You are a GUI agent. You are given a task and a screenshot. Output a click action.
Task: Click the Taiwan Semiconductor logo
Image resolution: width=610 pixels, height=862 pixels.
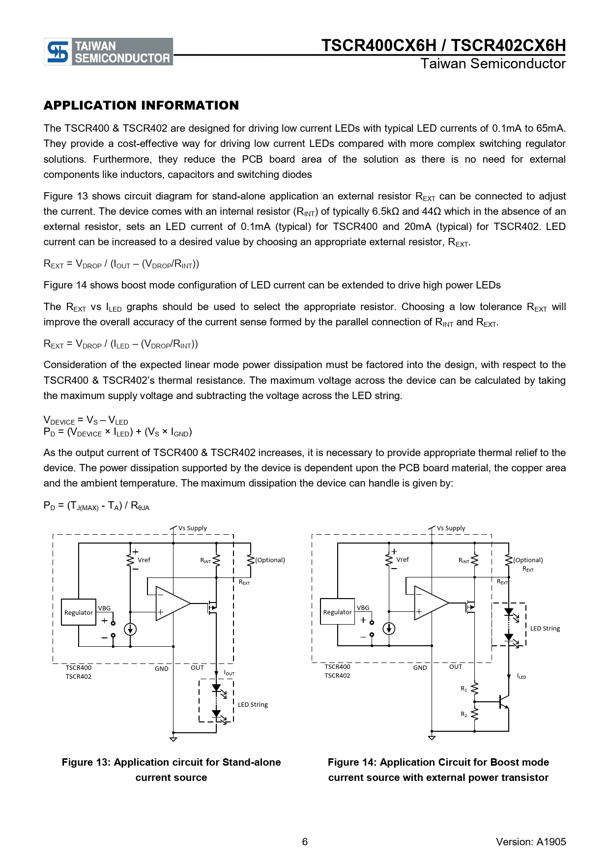(108, 52)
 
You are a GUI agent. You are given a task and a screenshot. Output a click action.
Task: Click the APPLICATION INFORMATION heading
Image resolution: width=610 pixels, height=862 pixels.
(141, 106)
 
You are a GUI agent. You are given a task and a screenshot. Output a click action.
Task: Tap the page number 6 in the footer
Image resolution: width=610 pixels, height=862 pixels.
(305, 842)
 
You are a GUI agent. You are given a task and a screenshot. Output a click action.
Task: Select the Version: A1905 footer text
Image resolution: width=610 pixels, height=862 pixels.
(531, 842)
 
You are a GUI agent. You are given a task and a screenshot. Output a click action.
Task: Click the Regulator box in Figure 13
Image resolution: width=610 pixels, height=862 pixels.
(79, 612)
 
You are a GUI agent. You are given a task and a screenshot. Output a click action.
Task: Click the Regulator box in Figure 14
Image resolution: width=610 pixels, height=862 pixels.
(337, 612)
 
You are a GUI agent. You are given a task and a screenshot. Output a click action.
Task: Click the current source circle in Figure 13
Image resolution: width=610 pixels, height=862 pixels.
(130, 629)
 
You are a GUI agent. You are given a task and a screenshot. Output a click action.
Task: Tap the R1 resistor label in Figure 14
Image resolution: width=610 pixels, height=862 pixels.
(464, 689)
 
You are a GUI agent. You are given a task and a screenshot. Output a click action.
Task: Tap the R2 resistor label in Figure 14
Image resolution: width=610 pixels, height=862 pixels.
(464, 714)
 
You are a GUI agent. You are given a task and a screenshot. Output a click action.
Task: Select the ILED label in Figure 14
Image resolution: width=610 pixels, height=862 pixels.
(522, 677)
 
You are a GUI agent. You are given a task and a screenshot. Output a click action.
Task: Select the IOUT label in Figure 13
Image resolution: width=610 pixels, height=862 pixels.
(229, 673)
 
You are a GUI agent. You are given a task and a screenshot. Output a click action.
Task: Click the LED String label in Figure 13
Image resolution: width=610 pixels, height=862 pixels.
(253, 705)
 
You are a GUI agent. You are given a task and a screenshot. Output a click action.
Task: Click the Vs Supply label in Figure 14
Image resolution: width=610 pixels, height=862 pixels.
(451, 528)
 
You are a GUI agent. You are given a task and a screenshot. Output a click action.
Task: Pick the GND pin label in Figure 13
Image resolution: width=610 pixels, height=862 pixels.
(162, 669)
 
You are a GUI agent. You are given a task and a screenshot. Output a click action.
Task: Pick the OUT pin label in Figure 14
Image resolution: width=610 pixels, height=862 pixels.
(456, 667)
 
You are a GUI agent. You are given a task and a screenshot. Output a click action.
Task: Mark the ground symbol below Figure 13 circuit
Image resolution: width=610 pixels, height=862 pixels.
(173, 739)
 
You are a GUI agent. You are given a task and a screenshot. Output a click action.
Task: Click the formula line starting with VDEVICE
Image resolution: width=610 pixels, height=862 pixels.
(86, 421)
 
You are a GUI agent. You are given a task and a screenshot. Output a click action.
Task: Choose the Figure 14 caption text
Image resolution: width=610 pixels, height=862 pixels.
(438, 770)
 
